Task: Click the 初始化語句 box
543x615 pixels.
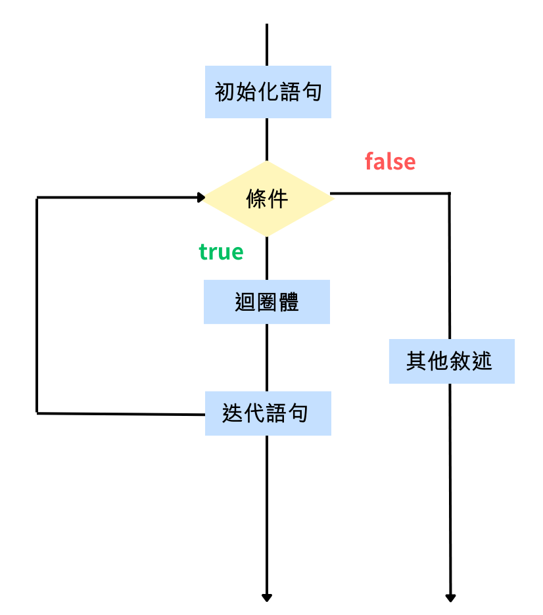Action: (268, 92)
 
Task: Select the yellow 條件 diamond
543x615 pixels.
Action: (268, 198)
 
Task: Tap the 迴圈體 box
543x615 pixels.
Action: (267, 302)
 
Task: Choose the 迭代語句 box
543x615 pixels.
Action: (268, 413)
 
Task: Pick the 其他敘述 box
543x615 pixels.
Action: (451, 361)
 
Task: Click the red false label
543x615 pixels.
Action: (390, 162)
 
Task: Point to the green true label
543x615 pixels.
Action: (221, 252)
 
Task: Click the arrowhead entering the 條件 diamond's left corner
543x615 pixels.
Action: (201, 197)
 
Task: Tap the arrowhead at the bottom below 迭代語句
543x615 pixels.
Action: (267, 597)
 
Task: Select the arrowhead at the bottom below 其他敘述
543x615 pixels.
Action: (450, 597)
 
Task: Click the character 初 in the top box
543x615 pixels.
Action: (225, 92)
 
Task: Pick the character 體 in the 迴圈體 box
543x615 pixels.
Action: (289, 302)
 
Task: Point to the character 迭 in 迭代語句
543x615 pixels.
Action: (233, 413)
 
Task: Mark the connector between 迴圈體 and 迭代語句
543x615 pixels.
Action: (267, 357)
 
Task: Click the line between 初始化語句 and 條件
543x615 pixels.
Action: (267, 139)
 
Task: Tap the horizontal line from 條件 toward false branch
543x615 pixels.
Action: (390, 193)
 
